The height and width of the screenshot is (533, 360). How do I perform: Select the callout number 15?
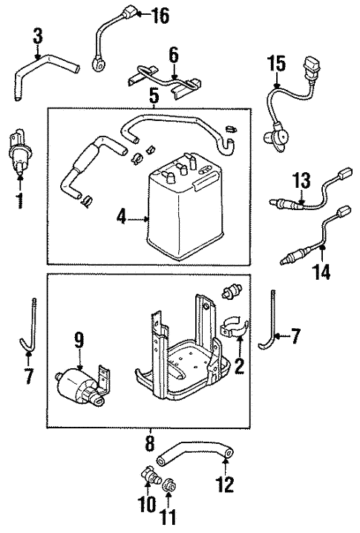276,65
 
